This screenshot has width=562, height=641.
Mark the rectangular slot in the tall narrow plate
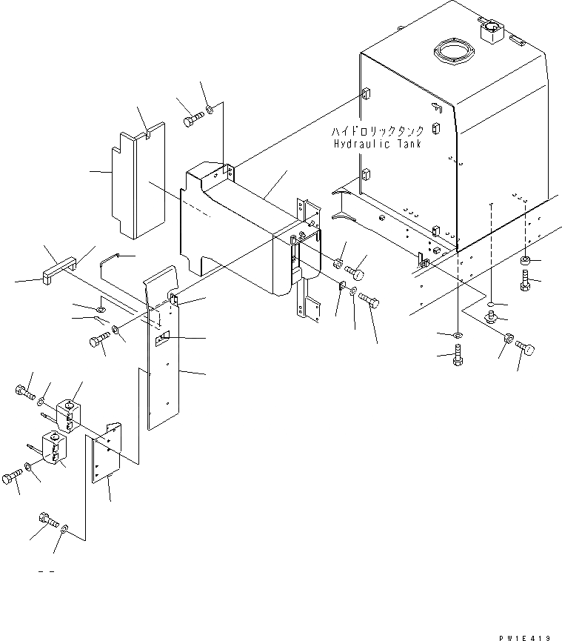(163, 339)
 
